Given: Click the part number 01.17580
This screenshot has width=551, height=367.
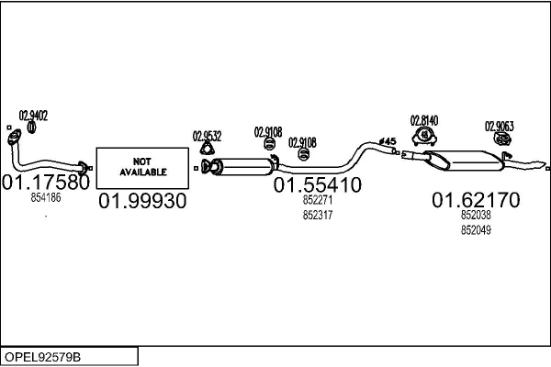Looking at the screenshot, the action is pyautogui.click(x=46, y=183).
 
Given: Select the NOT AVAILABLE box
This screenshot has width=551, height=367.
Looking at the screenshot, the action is pyautogui.click(x=142, y=168).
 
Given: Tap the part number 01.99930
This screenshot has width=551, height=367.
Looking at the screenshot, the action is pyautogui.click(x=142, y=201).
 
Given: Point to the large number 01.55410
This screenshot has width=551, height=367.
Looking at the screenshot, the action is pyautogui.click(x=318, y=185).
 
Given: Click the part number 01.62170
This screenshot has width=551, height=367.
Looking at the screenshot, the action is pyautogui.click(x=476, y=200).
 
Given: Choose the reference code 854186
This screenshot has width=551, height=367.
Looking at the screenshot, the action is pyautogui.click(x=46, y=198).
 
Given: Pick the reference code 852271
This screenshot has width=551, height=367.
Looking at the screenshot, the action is pyautogui.click(x=318, y=200).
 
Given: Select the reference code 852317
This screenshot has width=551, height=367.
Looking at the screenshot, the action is pyautogui.click(x=318, y=215).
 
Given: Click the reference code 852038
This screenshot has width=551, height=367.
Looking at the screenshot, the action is pyautogui.click(x=476, y=215).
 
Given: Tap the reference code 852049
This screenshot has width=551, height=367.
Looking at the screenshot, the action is pyautogui.click(x=476, y=230).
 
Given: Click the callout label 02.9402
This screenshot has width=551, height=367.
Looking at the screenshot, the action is pyautogui.click(x=33, y=116).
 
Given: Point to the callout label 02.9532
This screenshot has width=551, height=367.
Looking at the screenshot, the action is pyautogui.click(x=207, y=137).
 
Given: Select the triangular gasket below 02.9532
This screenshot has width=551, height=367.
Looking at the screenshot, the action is pyautogui.click(x=207, y=149).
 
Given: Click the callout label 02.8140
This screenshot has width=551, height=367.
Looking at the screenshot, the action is pyautogui.click(x=424, y=121).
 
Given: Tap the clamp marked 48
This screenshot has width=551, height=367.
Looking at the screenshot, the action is pyautogui.click(x=424, y=137).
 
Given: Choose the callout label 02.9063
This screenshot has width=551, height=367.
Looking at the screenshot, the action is pyautogui.click(x=500, y=126).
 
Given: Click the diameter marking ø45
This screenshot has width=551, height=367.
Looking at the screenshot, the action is pyautogui.click(x=388, y=141).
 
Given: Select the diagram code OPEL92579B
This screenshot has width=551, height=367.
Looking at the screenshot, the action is pyautogui.click(x=42, y=357).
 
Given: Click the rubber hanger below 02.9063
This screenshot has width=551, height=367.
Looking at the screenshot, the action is pyautogui.click(x=502, y=139).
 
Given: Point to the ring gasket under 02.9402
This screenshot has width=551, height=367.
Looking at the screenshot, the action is pyautogui.click(x=31, y=128).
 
